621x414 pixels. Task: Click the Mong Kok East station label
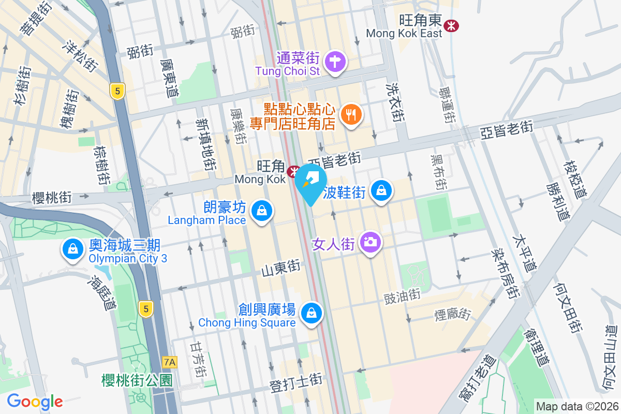(404, 33)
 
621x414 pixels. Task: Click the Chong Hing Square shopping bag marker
(312, 314)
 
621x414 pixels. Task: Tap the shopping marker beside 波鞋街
(381, 191)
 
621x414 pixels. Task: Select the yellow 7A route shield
(169, 362)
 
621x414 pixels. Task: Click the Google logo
(35, 402)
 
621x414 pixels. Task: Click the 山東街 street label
(280, 268)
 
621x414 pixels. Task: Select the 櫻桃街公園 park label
(137, 381)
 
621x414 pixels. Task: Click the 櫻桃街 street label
(51, 197)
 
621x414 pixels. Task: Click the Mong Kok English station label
(260, 179)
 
